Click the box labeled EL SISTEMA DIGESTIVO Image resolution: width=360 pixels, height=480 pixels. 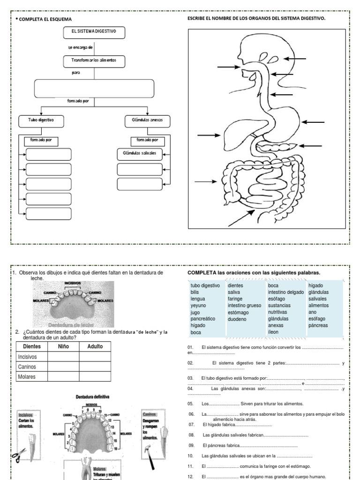(x=94, y=33)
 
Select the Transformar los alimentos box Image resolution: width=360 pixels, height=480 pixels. (x=94, y=61)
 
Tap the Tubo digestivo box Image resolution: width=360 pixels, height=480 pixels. (x=41, y=120)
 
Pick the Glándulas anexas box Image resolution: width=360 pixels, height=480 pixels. (x=147, y=120)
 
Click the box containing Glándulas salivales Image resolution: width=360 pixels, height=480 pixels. (x=139, y=154)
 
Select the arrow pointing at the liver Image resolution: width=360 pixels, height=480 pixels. (x=208, y=135)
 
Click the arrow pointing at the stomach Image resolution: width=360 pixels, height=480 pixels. (x=313, y=122)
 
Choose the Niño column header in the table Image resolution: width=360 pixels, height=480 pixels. (x=63, y=347)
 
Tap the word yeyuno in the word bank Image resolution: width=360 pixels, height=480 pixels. (x=199, y=305)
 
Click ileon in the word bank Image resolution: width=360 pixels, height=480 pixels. (x=273, y=332)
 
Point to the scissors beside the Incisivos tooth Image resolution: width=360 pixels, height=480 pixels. (x=20, y=454)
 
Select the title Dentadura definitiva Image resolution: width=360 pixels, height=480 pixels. (x=92, y=397)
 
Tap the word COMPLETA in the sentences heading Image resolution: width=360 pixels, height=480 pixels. (x=202, y=273)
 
